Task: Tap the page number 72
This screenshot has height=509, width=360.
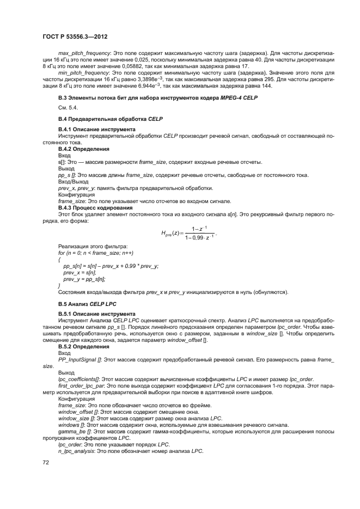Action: click(46, 462)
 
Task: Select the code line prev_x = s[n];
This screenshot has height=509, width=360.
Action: click(80, 271)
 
